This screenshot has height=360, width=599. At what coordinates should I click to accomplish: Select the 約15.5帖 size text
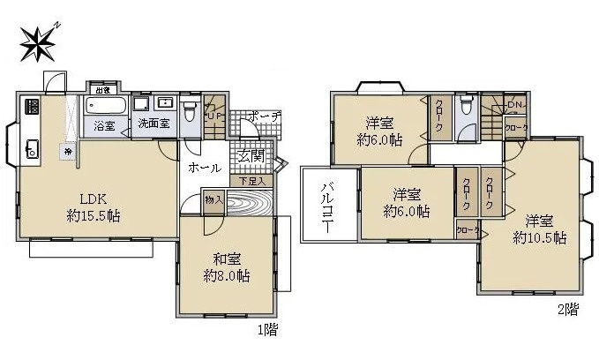pyautogui.click(x=92, y=216)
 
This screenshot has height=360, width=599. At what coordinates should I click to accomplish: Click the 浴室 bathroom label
pyautogui.click(x=104, y=125)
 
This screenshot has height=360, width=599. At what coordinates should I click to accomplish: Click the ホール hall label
pyautogui.click(x=206, y=167)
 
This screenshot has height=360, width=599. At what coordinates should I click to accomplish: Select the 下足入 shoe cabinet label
pyautogui.click(x=251, y=181)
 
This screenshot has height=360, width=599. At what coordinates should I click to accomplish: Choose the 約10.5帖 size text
pyautogui.click(x=540, y=238)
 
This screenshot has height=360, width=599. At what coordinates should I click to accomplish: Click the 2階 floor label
pyautogui.click(x=568, y=310)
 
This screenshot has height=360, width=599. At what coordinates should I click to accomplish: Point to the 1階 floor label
pyautogui.click(x=267, y=331)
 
